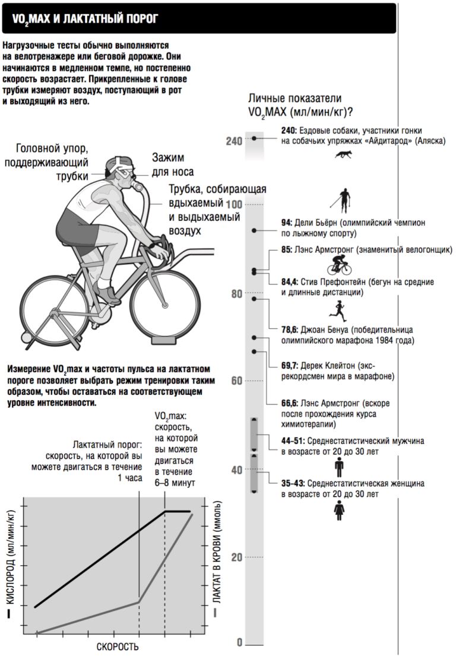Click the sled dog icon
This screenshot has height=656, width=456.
tap(343, 155)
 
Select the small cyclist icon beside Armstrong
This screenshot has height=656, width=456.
tap(339, 265)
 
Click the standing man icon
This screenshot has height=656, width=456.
tap(339, 468)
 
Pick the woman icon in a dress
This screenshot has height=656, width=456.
tap(339, 510)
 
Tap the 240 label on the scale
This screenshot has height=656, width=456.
tap(235, 141)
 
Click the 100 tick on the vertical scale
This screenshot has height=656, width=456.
tap(235, 204)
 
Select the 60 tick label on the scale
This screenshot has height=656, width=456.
tap(236, 381)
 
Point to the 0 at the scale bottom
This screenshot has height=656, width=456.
tap(240, 643)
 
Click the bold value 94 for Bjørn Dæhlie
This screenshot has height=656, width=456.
tap(287, 223)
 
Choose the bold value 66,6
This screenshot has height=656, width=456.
tap(290, 403)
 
